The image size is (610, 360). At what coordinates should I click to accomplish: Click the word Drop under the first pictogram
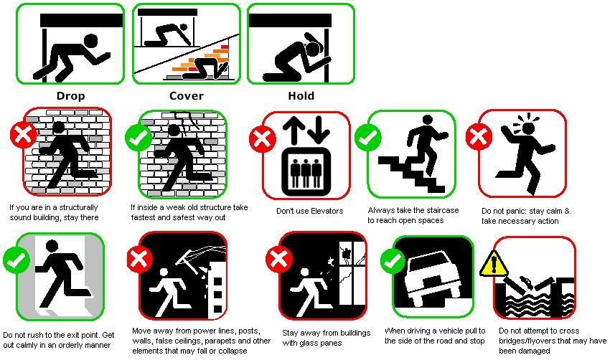tap(70, 96)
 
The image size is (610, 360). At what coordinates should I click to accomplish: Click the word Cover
tap(187, 96)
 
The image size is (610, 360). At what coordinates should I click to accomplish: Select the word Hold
tap(301, 96)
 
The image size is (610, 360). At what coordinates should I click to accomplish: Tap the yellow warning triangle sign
tap(494, 265)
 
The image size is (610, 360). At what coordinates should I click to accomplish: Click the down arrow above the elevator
tap(319, 131)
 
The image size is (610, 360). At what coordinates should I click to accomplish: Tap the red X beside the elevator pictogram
tap(263, 139)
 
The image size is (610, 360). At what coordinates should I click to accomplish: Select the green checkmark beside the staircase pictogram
tap(368, 137)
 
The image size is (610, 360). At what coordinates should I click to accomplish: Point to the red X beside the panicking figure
tap(479, 136)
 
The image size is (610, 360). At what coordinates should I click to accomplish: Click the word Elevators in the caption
tap(326, 211)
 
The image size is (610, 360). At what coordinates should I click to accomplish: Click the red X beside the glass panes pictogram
tap(279, 259)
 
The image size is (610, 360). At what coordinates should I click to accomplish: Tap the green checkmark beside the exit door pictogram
tap(17, 260)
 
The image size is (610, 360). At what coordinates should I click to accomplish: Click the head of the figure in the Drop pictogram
tap(90, 40)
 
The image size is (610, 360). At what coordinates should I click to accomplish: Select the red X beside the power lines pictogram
tap(140, 259)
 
